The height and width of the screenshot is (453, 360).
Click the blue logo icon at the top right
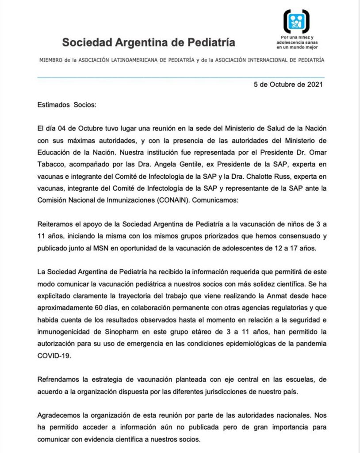(x=296, y=21)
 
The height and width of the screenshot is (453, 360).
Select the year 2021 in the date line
(x=313, y=84)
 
